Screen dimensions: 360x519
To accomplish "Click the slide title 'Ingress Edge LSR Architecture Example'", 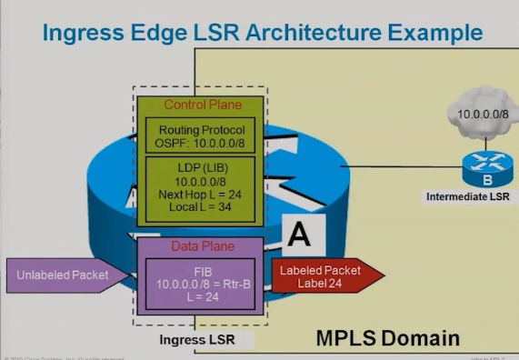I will pyautogui.click(x=262, y=35).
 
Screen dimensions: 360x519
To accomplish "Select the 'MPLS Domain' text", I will pyautogui.click(x=387, y=339).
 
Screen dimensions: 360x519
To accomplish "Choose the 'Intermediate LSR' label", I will pyautogui.click(x=467, y=195).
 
